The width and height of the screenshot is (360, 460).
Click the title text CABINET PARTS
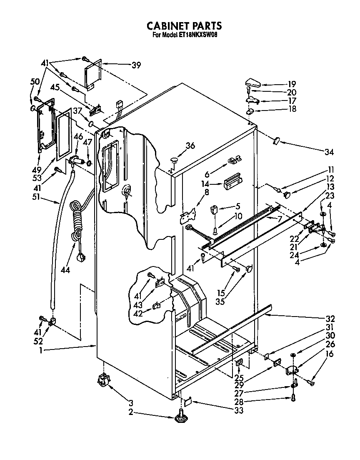[184, 26]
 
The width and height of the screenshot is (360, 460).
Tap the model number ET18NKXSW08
[195, 35]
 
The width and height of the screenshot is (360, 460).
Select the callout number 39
[136, 65]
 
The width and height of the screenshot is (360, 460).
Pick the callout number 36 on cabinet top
[190, 146]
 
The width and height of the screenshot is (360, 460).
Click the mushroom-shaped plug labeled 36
[174, 159]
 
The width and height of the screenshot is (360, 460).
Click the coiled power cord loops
[77, 221]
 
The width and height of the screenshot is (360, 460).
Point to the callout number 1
[41, 351]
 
